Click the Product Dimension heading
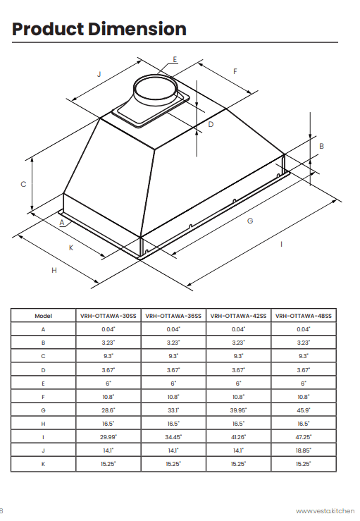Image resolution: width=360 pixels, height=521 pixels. (x=99, y=29)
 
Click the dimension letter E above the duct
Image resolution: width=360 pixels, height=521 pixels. (x=175, y=59)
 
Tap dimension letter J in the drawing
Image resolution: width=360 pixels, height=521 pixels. (x=99, y=74)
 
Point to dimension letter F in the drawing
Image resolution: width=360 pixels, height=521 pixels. (x=235, y=71)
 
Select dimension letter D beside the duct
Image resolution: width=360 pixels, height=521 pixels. (x=210, y=124)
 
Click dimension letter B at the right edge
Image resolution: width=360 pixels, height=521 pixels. (x=321, y=146)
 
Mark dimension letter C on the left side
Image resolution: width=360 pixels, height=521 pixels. (x=23, y=184)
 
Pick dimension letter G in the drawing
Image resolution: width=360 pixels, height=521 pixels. (x=249, y=221)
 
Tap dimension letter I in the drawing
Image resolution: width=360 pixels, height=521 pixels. (x=281, y=244)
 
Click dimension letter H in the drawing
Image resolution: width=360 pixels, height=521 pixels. (x=54, y=270)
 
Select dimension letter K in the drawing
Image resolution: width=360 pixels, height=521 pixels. (x=71, y=247)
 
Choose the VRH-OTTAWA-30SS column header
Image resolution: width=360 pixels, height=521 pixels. (x=108, y=316)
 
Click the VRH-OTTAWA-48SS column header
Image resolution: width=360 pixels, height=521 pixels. (x=303, y=316)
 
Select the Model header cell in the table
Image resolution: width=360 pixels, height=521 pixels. (x=43, y=316)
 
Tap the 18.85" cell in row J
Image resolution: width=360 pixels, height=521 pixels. (x=303, y=450)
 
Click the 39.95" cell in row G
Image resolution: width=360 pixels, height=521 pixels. (x=238, y=410)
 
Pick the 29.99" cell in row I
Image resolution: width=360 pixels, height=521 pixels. (x=108, y=436)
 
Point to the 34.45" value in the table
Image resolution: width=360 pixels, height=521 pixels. (x=173, y=436)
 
